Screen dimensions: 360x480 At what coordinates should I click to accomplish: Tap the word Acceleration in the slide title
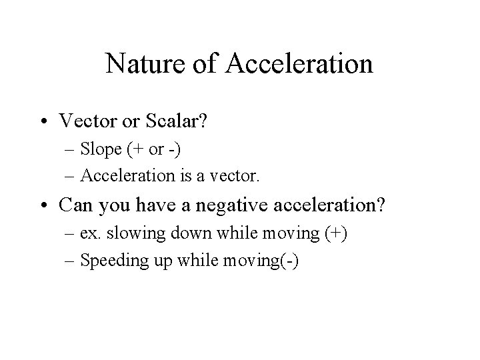(300, 64)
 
